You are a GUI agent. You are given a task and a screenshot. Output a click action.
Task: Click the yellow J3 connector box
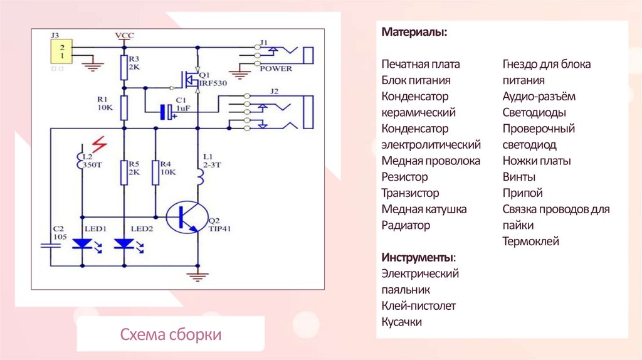62,51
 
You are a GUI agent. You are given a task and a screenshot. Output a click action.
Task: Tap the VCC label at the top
124,35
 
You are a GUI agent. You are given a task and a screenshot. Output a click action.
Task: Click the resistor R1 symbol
124,108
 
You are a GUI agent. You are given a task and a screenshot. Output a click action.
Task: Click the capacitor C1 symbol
167,112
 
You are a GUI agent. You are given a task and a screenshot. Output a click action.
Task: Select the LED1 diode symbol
82,243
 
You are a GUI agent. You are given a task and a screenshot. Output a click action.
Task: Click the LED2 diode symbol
124,243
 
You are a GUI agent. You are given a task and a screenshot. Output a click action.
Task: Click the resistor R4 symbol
154,172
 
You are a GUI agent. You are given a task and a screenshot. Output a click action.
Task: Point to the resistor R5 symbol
124,172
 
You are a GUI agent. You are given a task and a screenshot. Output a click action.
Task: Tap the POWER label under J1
276,68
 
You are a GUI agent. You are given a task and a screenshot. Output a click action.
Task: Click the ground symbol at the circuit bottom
197,275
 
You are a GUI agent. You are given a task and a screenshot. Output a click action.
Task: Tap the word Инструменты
418,258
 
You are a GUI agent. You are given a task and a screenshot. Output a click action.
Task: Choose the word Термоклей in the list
530,241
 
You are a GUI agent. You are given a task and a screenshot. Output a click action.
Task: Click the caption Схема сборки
171,334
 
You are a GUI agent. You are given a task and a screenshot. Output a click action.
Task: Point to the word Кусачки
402,322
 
